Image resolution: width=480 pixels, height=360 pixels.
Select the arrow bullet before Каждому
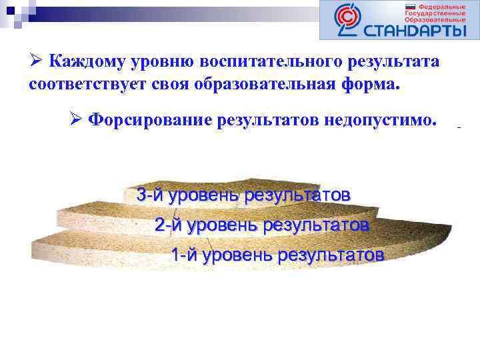click(x=36, y=61)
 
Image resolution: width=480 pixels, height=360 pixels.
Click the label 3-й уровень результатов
click(x=243, y=195)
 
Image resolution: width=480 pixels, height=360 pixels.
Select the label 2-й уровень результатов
click(x=261, y=225)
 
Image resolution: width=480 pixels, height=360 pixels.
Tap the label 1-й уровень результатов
click(x=277, y=255)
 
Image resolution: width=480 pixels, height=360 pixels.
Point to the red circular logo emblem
click(x=347, y=20)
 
